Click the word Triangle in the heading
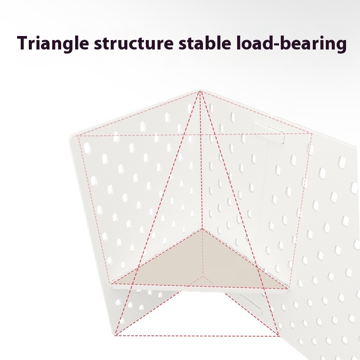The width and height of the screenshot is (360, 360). [53, 43]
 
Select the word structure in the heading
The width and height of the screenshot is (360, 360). [134, 43]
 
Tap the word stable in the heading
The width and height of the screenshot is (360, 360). [205, 43]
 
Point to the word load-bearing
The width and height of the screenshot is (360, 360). [291, 43]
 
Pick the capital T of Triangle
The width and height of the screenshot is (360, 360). [24, 43]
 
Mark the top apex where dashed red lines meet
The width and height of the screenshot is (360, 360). [200, 91]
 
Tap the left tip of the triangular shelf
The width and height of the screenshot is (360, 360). [112, 284]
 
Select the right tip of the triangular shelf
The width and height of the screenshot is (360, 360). [288, 288]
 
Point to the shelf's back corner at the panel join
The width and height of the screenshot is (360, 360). [202, 229]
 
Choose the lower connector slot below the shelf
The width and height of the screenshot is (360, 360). [252, 305]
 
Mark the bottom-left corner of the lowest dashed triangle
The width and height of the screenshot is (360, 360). [115, 335]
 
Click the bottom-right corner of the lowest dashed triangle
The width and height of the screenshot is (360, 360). [279, 336]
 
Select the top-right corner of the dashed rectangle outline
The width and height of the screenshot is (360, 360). [312, 133]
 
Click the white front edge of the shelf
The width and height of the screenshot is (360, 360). [200, 289]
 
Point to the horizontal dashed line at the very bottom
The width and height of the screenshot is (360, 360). [197, 336]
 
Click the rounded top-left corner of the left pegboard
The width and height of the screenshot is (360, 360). [72, 137]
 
